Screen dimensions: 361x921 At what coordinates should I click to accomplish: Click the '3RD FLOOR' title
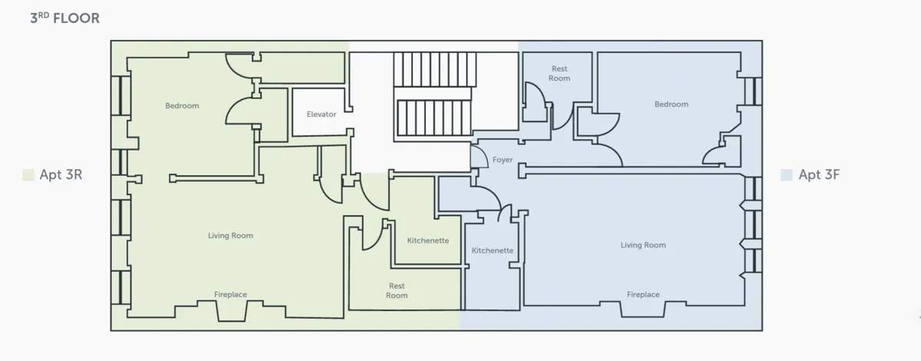tap(64, 18)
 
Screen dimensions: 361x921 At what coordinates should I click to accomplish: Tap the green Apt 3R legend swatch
tap(28, 175)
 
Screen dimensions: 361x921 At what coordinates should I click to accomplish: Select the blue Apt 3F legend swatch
tap(786, 175)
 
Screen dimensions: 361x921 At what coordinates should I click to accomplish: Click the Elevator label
tap(322, 114)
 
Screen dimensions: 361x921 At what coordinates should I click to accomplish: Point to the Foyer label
tap(503, 160)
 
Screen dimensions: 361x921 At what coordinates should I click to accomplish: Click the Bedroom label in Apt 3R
tap(182, 106)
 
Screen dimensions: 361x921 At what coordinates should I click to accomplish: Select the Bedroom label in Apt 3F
tap(671, 104)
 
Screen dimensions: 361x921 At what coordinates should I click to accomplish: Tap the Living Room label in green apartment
tap(230, 236)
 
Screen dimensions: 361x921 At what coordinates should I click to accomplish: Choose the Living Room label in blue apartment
tap(643, 245)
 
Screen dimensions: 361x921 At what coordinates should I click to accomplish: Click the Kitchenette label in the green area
tap(427, 240)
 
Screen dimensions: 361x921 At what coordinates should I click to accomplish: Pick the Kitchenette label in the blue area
tap(493, 250)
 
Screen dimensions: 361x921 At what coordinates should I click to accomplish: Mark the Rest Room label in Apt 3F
tap(560, 74)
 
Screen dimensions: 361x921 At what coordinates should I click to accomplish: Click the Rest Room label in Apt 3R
tap(397, 290)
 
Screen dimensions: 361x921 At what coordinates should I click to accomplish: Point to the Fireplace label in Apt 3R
tap(230, 295)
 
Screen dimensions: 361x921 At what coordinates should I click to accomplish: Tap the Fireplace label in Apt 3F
tap(643, 295)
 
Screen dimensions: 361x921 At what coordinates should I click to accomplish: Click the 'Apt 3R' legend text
tap(61, 175)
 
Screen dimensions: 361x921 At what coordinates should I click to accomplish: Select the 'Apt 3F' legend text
tap(820, 175)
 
